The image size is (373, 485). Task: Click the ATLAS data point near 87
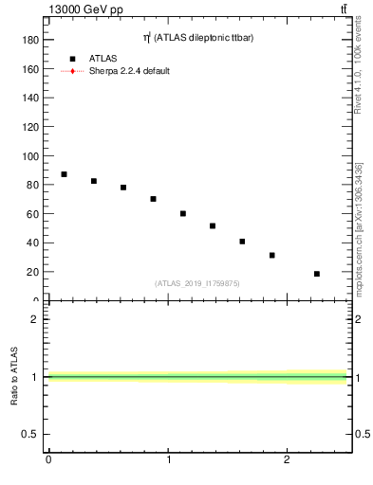coord(64,174)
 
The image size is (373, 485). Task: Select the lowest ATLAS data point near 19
coord(317,274)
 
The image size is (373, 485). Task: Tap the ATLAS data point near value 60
coord(183,213)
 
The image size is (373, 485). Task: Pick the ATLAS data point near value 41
coord(242,242)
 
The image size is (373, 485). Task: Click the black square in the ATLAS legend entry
coord(72,58)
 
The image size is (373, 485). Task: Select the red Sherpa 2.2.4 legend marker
coord(72,71)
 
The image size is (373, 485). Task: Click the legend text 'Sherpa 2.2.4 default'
coord(129,71)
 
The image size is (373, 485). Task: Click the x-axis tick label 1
coord(168,460)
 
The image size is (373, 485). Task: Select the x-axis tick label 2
coord(288,460)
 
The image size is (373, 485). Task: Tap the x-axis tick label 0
coord(48,460)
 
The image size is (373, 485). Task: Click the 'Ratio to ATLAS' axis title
coord(14,376)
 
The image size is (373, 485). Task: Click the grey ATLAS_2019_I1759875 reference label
coord(197,283)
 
